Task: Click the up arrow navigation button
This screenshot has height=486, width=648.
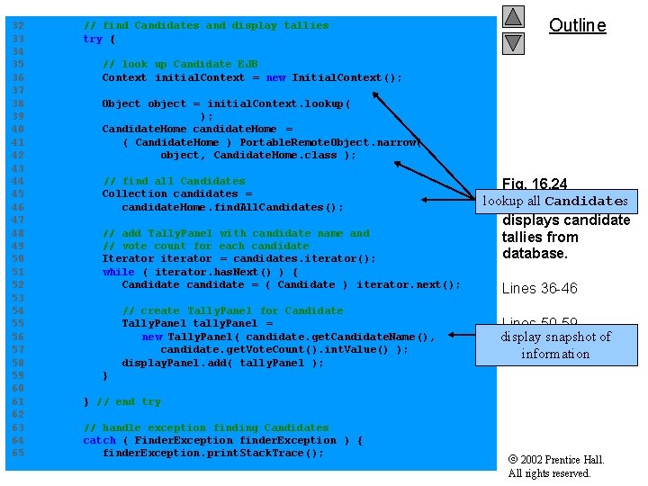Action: coord(513,17)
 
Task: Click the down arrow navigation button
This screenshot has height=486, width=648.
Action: coord(513,42)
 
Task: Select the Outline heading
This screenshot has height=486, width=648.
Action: coord(577,25)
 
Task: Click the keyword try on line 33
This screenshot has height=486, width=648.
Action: coord(93,39)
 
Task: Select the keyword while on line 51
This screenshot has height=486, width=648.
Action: coord(118,272)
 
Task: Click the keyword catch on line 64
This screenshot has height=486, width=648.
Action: coord(99,440)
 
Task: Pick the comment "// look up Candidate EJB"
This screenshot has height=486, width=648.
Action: coord(180,64)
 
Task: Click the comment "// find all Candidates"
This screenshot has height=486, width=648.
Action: coord(174,181)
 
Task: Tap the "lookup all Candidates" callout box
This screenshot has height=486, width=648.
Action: coord(554,201)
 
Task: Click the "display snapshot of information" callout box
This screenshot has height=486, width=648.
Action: coord(555,345)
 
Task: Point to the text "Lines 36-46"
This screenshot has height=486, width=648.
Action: coord(540,288)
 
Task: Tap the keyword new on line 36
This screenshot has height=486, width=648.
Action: coord(275,77)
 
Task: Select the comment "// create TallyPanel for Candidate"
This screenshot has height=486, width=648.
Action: coord(232,310)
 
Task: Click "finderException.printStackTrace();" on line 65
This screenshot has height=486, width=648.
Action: coord(212,453)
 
